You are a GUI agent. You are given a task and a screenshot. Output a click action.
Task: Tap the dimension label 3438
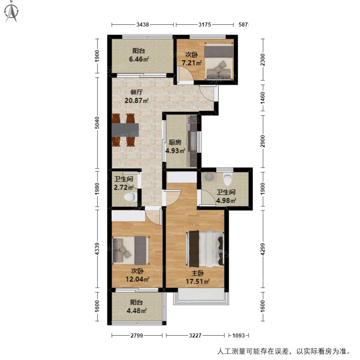(x=142, y=25)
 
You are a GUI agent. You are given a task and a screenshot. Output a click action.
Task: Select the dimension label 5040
(x=97, y=123)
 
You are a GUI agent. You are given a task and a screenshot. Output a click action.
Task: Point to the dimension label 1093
(x=238, y=335)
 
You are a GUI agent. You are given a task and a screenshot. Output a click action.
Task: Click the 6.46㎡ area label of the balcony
(x=139, y=59)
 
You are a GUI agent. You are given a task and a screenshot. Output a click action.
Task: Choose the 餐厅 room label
(x=136, y=92)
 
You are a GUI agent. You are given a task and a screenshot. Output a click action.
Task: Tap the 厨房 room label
(x=175, y=142)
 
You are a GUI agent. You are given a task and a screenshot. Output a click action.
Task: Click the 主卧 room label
(x=198, y=273)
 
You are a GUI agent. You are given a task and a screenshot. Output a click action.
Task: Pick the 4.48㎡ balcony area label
(x=136, y=311)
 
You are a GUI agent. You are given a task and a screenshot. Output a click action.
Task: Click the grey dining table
(x=125, y=130)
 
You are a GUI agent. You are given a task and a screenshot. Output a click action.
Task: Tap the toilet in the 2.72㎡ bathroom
(x=130, y=197)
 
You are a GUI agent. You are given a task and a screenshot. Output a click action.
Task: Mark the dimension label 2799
(x=137, y=335)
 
